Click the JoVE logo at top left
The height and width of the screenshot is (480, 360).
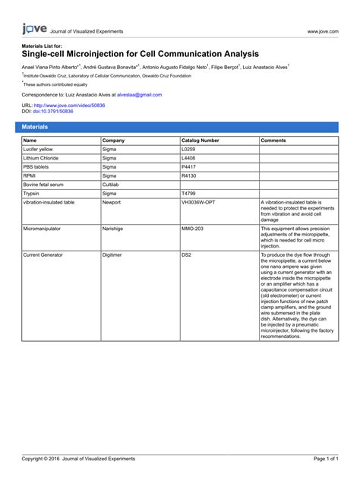click(33, 30)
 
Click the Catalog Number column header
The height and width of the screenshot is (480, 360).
click(201, 141)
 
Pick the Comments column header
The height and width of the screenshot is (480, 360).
click(273, 141)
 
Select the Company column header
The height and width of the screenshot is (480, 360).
click(114, 141)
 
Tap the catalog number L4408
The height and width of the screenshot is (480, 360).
click(188, 158)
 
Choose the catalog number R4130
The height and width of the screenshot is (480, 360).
click(188, 175)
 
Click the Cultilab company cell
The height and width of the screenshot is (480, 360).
click(112, 185)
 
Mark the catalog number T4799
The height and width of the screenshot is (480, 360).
click(188, 194)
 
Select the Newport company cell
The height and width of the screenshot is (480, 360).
click(112, 203)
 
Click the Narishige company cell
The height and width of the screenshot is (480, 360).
click(113, 227)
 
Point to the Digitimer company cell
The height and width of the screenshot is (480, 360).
click(112, 255)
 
